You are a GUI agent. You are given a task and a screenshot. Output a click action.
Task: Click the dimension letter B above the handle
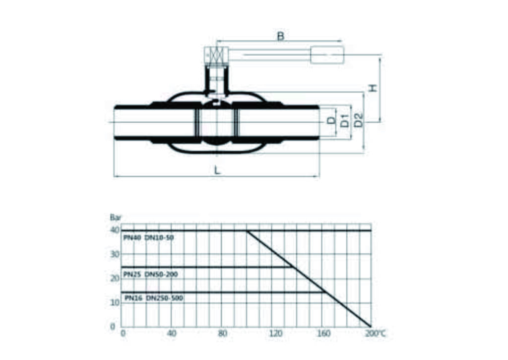pos(281,36)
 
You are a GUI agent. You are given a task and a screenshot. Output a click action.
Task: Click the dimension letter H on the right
pos(373,88)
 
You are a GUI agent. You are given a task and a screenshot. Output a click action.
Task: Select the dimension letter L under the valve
pos(217,170)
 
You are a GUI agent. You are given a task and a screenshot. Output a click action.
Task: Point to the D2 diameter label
pos(358,120)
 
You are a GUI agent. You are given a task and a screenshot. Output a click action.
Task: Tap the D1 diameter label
pos(345,121)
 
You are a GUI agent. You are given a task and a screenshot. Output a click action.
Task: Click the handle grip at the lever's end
pos(327,55)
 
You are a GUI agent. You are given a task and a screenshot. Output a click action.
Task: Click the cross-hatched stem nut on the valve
pos(216,55)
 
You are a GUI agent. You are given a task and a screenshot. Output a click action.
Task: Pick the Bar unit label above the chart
pos(115,217)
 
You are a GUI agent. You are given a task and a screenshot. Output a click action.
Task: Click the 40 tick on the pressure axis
pos(115,230)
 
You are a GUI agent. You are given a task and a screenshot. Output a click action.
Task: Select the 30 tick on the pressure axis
pos(115,254)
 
